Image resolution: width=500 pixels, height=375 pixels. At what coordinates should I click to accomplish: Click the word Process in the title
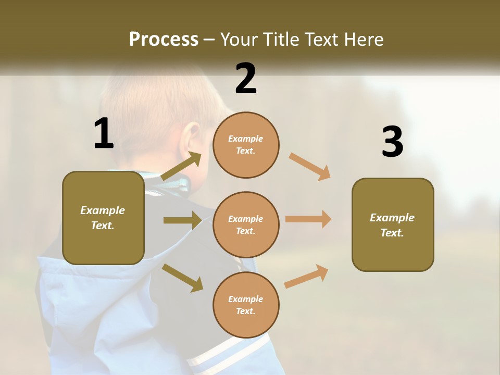coord(164,39)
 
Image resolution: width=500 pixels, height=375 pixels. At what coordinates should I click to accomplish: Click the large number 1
coord(104,134)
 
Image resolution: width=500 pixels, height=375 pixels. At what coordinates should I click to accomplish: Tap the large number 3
coord(392,142)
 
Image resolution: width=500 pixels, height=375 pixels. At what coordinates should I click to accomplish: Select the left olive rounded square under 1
coord(103,218)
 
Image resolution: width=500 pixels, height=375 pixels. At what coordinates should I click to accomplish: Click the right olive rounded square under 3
coord(393,224)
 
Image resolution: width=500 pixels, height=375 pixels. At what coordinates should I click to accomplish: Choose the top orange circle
coord(246,145)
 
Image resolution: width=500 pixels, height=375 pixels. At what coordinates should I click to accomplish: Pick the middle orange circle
coord(246,224)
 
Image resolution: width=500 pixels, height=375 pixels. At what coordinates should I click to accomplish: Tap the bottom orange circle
coord(246,305)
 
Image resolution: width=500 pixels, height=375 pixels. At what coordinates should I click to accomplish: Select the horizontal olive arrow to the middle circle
coord(182,220)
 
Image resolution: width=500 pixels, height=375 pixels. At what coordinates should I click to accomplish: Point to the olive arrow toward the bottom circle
coord(182,277)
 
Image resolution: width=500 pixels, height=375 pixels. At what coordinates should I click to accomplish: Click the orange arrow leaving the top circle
coord(309,166)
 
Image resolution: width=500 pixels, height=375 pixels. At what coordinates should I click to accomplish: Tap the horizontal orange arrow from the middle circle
coord(308,219)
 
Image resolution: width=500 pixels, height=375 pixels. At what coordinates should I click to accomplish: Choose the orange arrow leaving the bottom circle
coord(306,276)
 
